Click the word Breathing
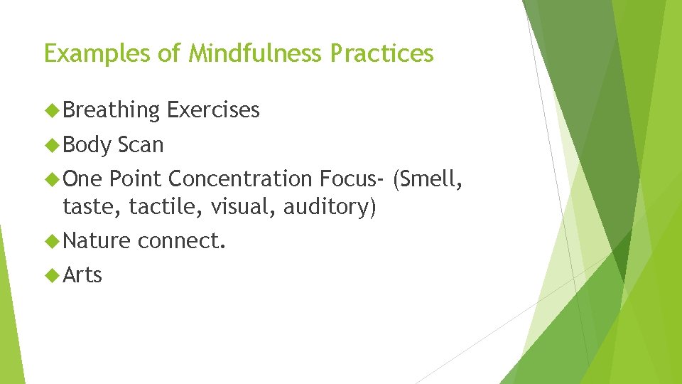112,110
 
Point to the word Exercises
213,110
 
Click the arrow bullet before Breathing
52,110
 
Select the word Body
87,145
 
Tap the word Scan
141,145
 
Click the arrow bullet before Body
52,144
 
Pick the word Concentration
240,178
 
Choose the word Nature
97,242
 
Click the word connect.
182,242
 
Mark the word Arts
82,275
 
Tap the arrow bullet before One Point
52,178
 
